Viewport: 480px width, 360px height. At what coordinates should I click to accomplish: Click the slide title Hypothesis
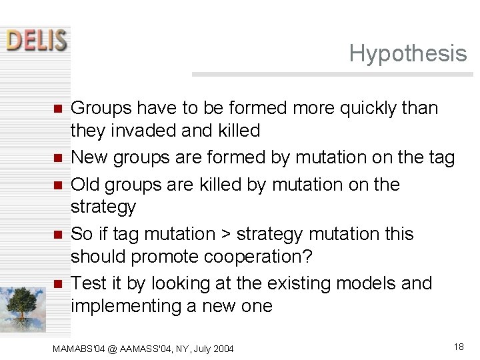coord(407,53)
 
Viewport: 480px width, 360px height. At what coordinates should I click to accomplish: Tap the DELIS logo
coord(37,41)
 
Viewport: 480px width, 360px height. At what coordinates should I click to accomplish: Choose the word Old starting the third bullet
coord(87,185)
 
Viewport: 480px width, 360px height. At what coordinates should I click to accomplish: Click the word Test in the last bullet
coord(87,284)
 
